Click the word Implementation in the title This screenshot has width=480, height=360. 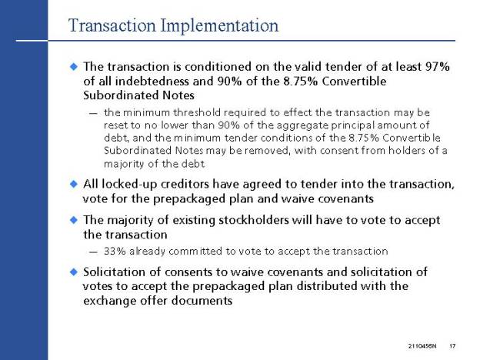point(219,25)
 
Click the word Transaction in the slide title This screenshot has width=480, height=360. point(112,25)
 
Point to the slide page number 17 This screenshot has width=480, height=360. point(452,346)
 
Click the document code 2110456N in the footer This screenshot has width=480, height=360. point(422,346)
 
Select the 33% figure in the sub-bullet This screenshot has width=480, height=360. point(115,252)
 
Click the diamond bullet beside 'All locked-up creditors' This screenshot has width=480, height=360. point(74,184)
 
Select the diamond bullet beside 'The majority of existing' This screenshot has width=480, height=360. point(74,220)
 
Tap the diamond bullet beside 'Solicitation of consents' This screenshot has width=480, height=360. point(74,272)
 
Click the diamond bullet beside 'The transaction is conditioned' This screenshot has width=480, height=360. point(74,66)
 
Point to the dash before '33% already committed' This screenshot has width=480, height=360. point(93,252)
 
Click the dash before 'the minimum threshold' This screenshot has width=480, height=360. point(93,114)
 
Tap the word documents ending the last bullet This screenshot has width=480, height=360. point(202,301)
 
